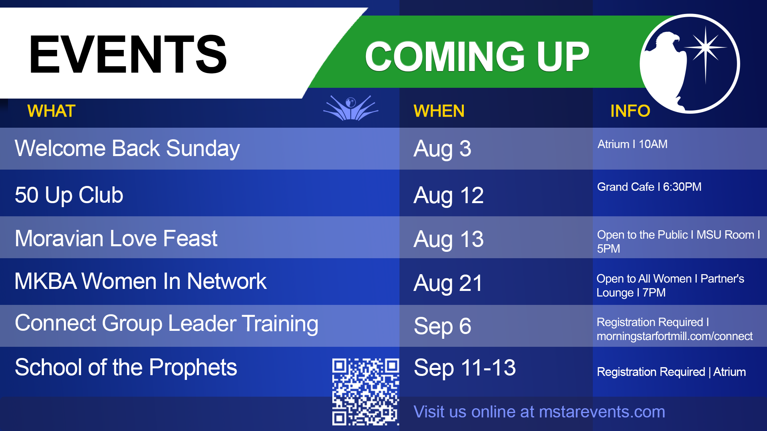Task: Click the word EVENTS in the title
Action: pos(128,54)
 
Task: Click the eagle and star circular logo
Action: pos(690,64)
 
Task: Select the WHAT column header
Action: pos(51,111)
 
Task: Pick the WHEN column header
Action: pos(439,111)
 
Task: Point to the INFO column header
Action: pos(630,111)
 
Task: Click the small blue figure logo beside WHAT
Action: pos(351,108)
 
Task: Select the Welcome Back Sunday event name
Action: pos(127,148)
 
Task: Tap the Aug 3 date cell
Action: pos(442,149)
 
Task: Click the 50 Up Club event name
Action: pos(69,195)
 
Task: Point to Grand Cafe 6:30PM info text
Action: pos(649,187)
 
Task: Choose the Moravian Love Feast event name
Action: pos(116,239)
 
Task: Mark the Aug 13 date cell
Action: pos(448,239)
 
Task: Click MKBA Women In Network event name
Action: pos(140,281)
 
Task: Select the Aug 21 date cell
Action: pos(448,284)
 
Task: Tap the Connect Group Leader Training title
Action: pos(167,324)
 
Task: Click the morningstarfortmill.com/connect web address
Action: pos(675,336)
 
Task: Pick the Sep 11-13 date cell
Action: pos(465,368)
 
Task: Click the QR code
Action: pos(366,392)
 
